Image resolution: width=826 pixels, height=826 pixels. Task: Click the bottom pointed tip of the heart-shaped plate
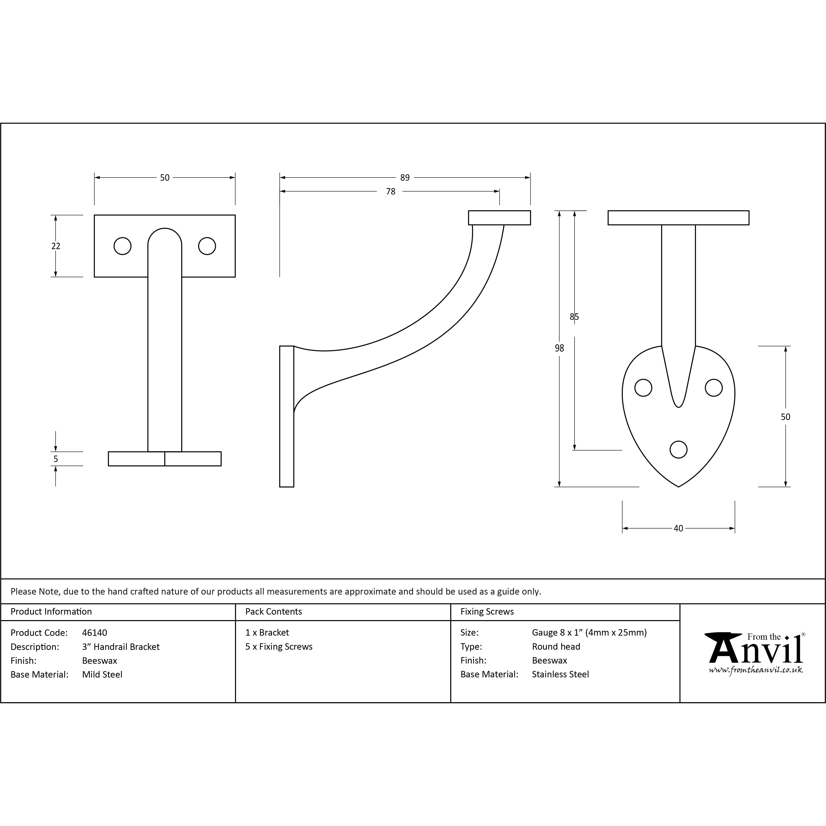coord(679,486)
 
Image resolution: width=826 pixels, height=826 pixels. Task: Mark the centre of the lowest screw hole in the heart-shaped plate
coord(679,449)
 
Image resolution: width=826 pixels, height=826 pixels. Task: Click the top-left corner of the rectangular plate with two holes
coord(94,215)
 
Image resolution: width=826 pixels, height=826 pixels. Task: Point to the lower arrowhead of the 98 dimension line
coord(559,484)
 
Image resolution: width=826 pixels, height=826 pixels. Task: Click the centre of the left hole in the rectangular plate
coord(123,246)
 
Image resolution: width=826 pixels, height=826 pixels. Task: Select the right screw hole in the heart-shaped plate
coord(714,388)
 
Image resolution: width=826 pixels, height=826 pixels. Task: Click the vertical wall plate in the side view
coord(287,416)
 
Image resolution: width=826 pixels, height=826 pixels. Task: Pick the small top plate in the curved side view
coord(499,218)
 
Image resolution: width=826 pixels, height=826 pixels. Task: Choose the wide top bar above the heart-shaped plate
coord(679,218)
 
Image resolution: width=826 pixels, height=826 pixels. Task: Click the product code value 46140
coord(94,633)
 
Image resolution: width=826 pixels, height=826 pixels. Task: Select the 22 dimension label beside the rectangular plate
coord(56,246)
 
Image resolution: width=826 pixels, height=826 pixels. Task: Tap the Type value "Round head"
coord(556,646)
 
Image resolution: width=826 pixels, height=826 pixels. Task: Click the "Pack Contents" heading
coord(274,611)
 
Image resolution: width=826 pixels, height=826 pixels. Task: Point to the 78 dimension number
coord(391,192)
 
